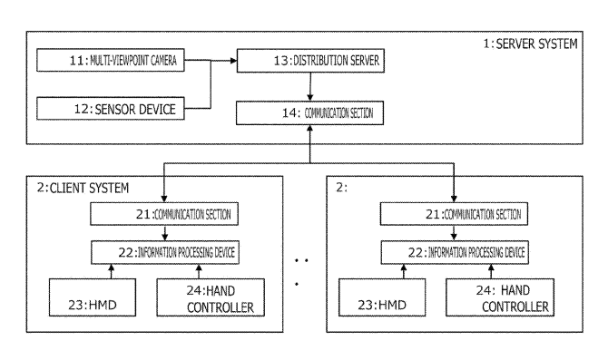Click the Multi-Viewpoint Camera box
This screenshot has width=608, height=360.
(x=111, y=60)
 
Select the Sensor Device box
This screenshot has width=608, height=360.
(x=111, y=109)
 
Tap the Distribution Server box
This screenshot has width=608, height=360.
(x=310, y=61)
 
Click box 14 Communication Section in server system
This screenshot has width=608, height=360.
(x=309, y=112)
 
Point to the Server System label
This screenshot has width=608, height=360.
(x=530, y=44)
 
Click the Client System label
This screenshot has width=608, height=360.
(x=83, y=188)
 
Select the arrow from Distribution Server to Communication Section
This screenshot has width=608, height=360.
(x=309, y=87)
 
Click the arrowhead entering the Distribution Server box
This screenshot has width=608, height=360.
(x=233, y=61)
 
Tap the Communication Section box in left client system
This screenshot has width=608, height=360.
(x=164, y=214)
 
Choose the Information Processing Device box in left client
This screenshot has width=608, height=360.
(x=165, y=252)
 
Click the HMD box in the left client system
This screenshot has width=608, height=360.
(x=93, y=297)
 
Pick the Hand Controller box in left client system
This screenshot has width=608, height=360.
(x=211, y=297)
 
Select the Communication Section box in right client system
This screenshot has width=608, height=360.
(x=454, y=213)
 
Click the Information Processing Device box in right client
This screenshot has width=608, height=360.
(x=455, y=252)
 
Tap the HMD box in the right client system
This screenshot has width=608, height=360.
(x=382, y=297)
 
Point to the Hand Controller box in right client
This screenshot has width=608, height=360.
(x=500, y=297)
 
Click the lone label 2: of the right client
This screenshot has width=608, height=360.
(x=341, y=188)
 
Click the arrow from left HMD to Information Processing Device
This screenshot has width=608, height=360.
(x=112, y=271)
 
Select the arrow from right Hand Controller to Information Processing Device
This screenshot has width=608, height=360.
(x=491, y=271)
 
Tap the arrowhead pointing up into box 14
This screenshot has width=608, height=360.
(x=309, y=128)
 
